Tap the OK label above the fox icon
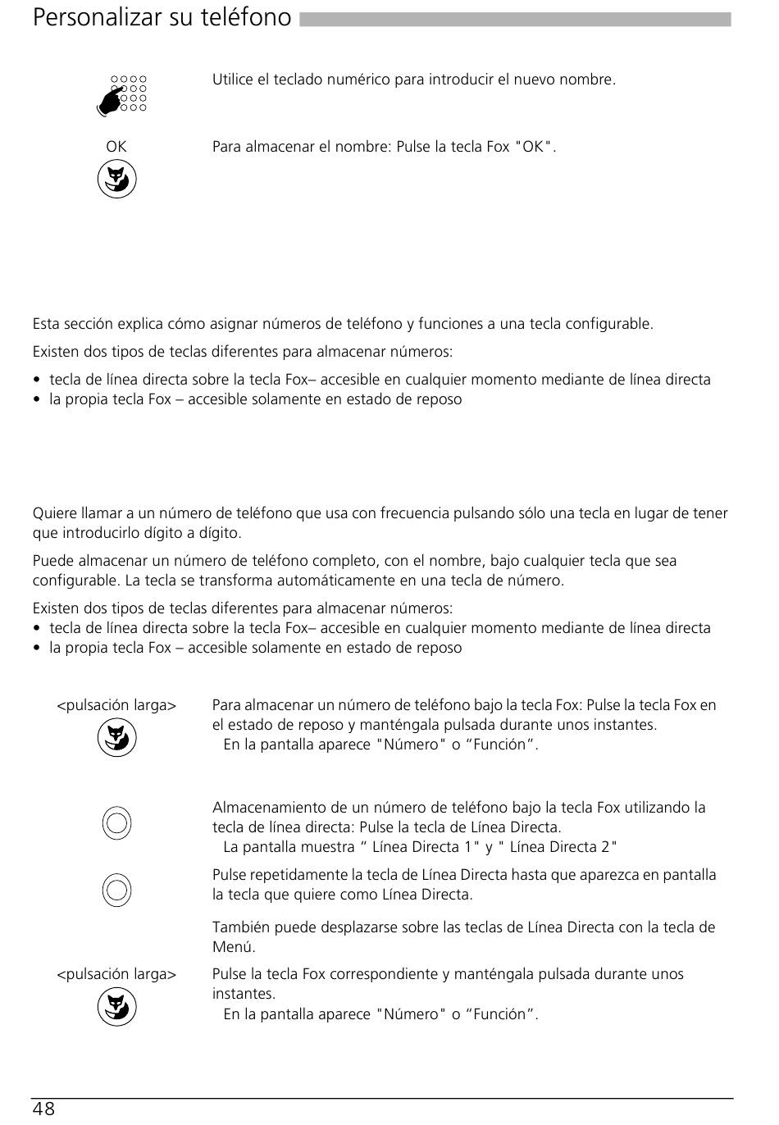(116, 147)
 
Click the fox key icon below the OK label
(117, 180)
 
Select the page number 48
(44, 1109)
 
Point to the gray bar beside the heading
(515, 19)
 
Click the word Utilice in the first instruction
(233, 80)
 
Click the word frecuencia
(388, 514)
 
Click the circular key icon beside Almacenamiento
(117, 822)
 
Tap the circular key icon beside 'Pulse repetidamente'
(117, 889)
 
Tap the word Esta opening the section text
(47, 324)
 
